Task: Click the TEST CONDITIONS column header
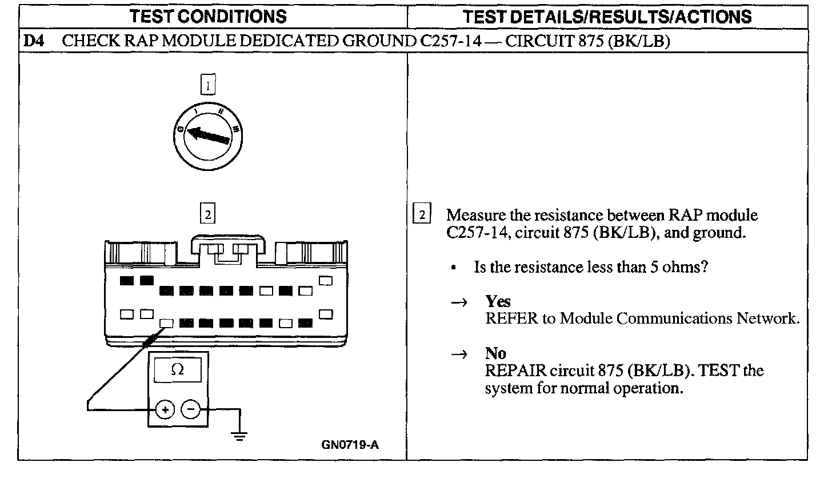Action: [x=209, y=17]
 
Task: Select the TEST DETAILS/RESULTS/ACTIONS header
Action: [x=608, y=17]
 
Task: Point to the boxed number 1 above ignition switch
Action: [x=208, y=86]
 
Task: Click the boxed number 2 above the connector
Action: [x=208, y=215]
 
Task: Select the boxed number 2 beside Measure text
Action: [x=422, y=215]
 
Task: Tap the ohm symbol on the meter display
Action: [x=178, y=370]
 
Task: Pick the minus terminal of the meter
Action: [x=191, y=409]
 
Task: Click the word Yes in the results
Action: [x=498, y=302]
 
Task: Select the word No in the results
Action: [x=495, y=354]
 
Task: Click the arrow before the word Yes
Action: [x=460, y=302]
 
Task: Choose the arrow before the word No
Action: [x=460, y=354]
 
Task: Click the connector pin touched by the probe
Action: [x=166, y=323]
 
